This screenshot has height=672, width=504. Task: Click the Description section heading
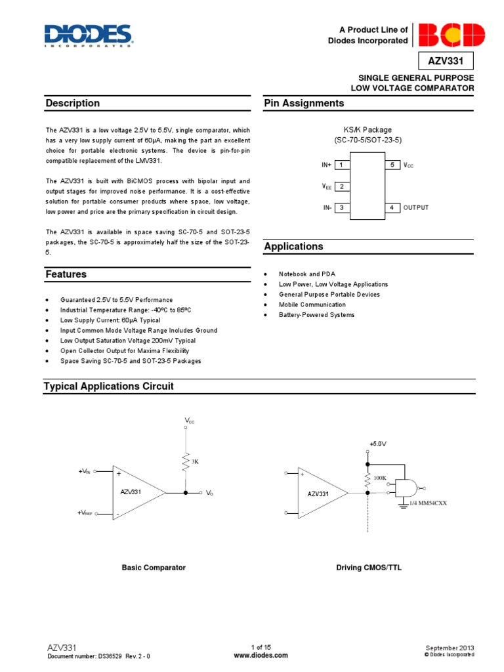point(73,103)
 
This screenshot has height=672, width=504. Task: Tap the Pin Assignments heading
point(304,103)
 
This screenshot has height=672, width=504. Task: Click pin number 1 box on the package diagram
point(341,165)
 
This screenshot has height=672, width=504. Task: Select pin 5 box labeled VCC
point(392,165)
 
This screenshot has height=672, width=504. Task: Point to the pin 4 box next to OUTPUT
point(392,207)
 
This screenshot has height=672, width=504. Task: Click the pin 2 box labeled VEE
point(341,186)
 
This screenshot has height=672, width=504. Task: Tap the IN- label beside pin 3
point(327,207)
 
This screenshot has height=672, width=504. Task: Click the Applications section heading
point(293,247)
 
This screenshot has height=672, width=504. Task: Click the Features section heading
point(66,274)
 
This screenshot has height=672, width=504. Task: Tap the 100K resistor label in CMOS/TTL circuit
point(380,478)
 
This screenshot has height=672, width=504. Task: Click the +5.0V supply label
point(377,444)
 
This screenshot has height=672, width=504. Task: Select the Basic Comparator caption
point(154,568)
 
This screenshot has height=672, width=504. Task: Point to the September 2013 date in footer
point(450,648)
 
